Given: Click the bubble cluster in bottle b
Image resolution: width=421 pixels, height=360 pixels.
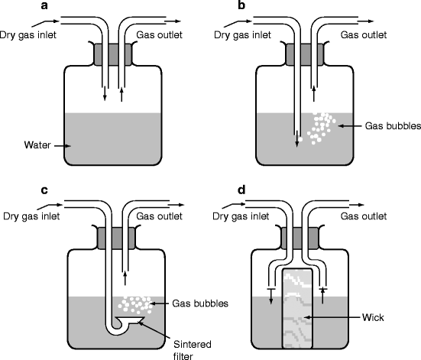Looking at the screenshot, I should [321, 128].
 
